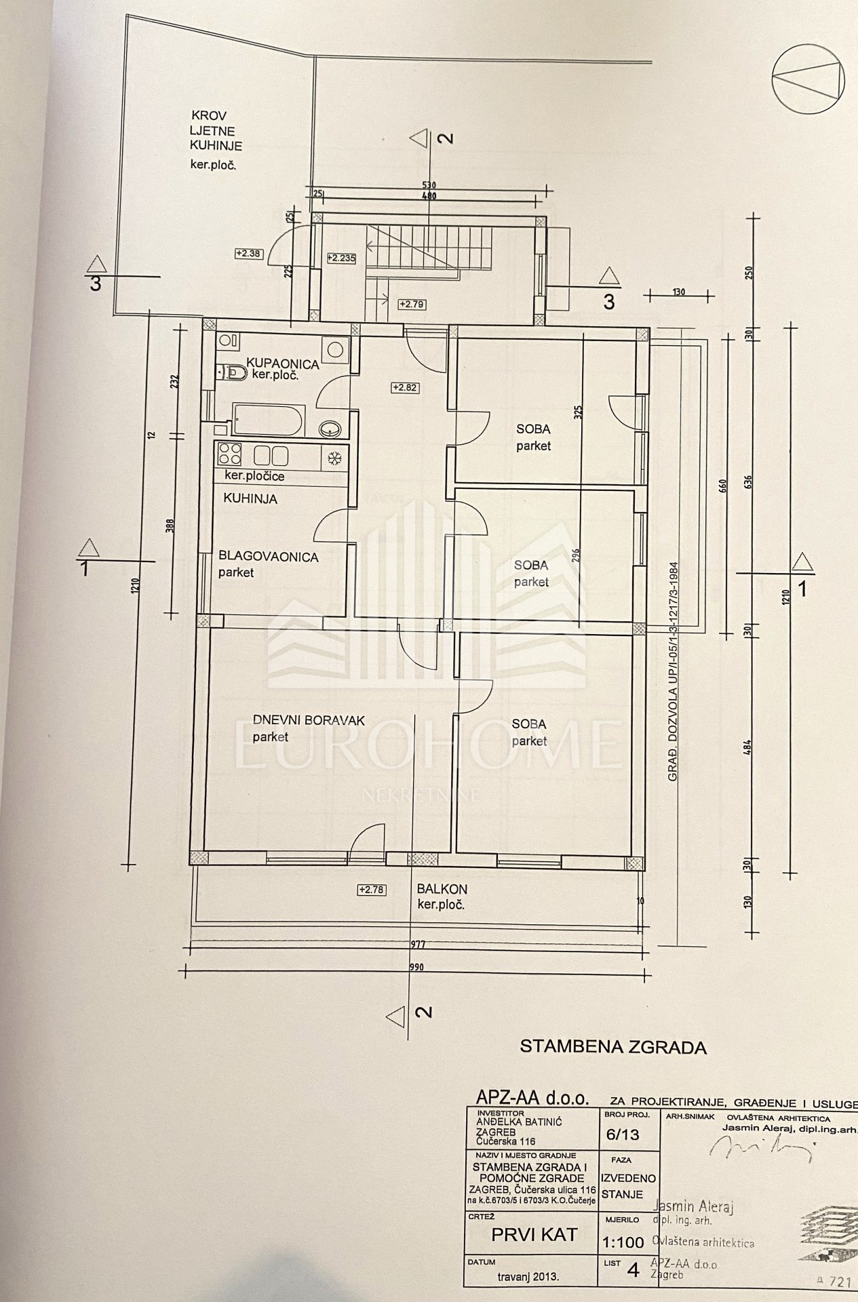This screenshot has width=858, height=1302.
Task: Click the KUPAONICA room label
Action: coord(282,364)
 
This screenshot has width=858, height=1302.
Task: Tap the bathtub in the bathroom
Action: coord(267,420)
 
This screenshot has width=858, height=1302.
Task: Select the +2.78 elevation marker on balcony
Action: coord(370,890)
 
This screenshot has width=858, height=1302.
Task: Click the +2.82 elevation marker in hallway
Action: coord(404,388)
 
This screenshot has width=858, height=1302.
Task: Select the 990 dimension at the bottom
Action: coord(416,967)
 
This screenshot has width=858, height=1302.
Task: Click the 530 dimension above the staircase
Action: coord(428,184)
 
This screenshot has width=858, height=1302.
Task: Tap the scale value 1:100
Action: coord(623,1244)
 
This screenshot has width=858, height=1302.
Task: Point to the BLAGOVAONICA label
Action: coord(268,557)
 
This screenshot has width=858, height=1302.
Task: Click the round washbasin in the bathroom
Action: coord(330,429)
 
